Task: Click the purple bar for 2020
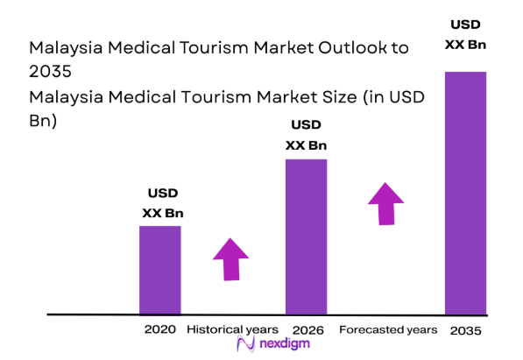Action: click(x=160, y=270)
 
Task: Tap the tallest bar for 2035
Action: click(x=465, y=193)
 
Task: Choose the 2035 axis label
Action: click(x=465, y=330)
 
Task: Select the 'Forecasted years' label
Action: click(x=388, y=329)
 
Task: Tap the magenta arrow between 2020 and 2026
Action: click(x=230, y=259)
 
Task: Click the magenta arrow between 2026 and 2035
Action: click(x=385, y=203)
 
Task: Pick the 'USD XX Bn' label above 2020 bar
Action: click(x=162, y=203)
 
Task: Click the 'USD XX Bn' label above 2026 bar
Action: click(x=306, y=136)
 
